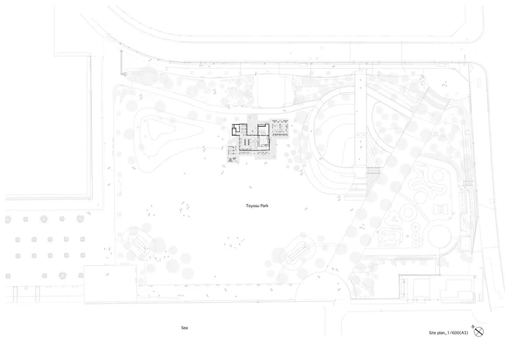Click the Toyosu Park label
[257, 206]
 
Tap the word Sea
[184, 328]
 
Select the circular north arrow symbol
[479, 332]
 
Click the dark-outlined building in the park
[251, 138]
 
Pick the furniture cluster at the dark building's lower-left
[232, 154]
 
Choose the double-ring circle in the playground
[409, 212]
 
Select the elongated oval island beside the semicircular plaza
[298, 252]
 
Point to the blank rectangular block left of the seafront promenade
[110, 284]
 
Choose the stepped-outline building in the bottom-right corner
[456, 289]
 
